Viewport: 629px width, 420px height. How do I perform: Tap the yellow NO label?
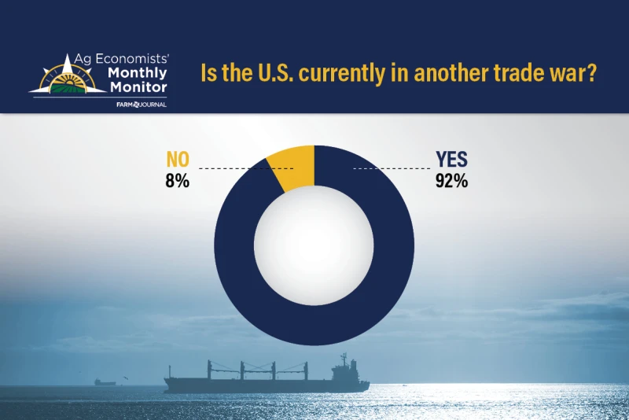(177, 160)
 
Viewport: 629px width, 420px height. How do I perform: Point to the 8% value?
(178, 181)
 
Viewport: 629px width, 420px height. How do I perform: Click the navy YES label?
(451, 160)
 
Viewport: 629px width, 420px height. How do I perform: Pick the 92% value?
(451, 181)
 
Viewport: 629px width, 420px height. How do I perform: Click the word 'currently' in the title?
(332, 74)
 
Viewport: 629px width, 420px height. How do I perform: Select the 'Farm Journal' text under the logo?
(142, 104)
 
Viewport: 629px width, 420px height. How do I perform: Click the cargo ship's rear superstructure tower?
(342, 367)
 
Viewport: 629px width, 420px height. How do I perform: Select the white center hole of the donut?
(314, 245)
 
